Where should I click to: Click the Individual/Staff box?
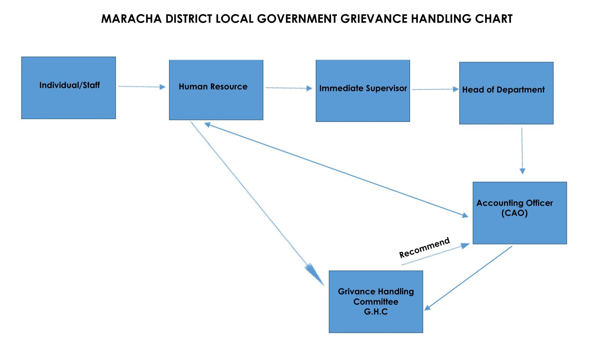[69, 88]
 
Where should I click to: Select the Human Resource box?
[216, 90]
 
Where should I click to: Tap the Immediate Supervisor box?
[363, 91]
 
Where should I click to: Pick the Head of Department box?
[506, 93]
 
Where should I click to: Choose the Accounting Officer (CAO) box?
[520, 213]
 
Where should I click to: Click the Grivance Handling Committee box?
[376, 302]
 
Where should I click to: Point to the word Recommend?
[424, 248]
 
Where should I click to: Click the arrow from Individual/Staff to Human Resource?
[141, 87]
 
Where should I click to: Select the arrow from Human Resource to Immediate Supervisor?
[288, 88]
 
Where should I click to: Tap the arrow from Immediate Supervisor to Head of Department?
[435, 89]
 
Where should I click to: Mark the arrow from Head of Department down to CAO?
[522, 150]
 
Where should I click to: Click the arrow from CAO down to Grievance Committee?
[468, 278]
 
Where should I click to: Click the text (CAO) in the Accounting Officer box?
[514, 213]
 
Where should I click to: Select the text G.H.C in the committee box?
[376, 312]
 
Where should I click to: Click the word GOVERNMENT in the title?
[297, 19]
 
